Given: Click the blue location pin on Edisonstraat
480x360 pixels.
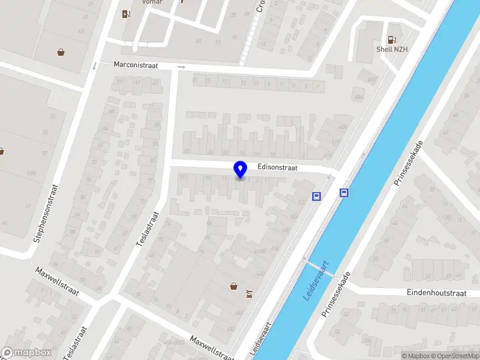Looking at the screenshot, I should pos(240,170).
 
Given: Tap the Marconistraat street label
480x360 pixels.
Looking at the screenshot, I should pos(136,65).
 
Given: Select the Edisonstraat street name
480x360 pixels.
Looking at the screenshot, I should pos(278,169).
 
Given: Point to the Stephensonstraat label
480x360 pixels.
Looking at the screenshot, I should pos(45,212).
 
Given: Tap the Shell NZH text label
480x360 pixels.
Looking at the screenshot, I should pos(392,49).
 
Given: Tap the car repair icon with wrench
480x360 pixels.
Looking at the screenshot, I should pos(248,294).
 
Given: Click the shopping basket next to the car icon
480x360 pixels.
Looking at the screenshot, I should pos(233,286).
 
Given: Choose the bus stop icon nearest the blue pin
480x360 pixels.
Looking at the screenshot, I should pos(316,196).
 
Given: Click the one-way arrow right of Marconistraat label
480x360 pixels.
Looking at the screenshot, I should pos(182,67).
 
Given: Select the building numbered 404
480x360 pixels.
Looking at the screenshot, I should pos(358,97).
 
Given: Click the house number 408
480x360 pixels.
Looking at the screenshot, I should pos(343,127).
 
